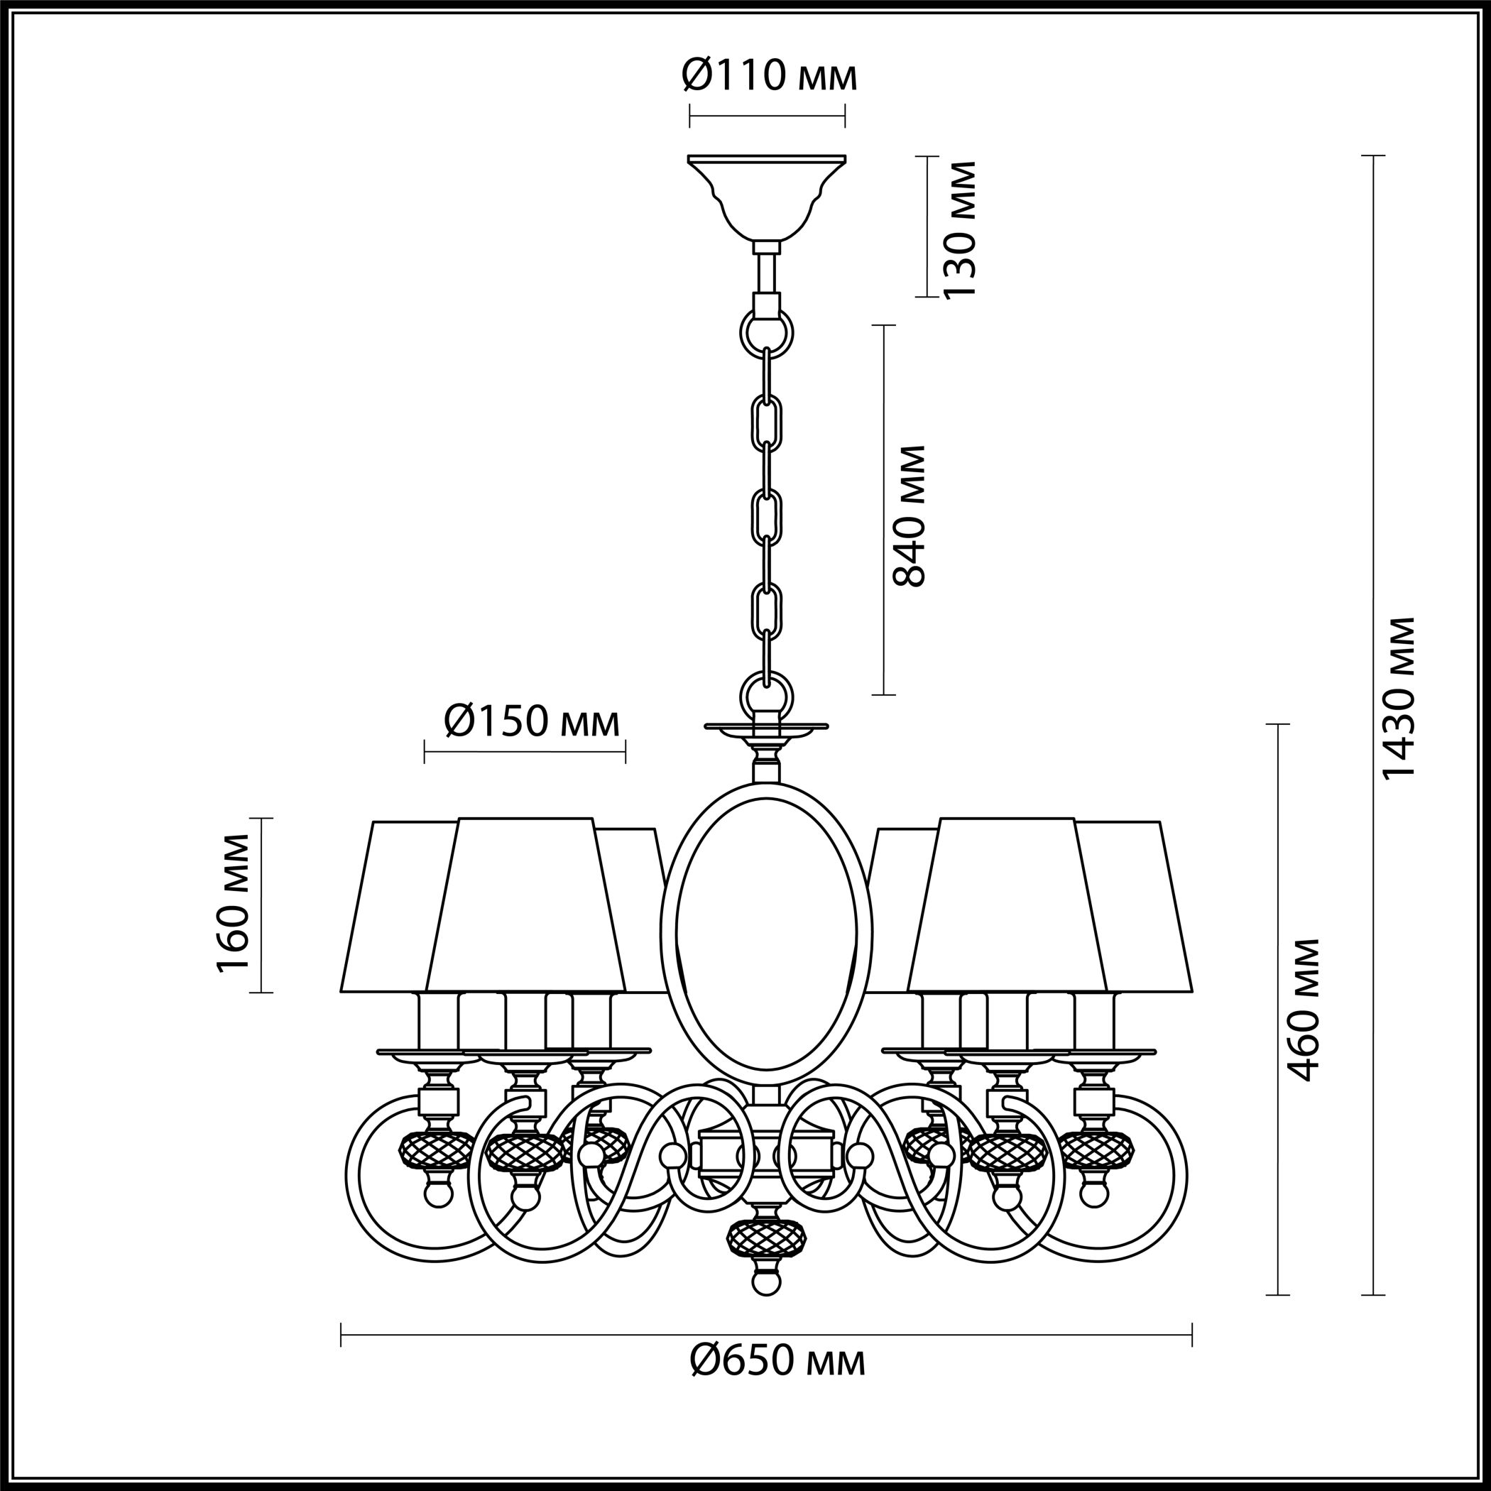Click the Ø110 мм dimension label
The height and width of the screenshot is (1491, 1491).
click(x=770, y=77)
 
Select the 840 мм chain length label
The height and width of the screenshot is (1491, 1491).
click(x=907, y=515)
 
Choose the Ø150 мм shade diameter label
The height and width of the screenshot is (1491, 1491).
click(x=532, y=722)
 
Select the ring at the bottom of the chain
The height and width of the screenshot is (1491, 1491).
click(x=766, y=697)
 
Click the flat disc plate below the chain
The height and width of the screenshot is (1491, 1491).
click(x=766, y=726)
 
